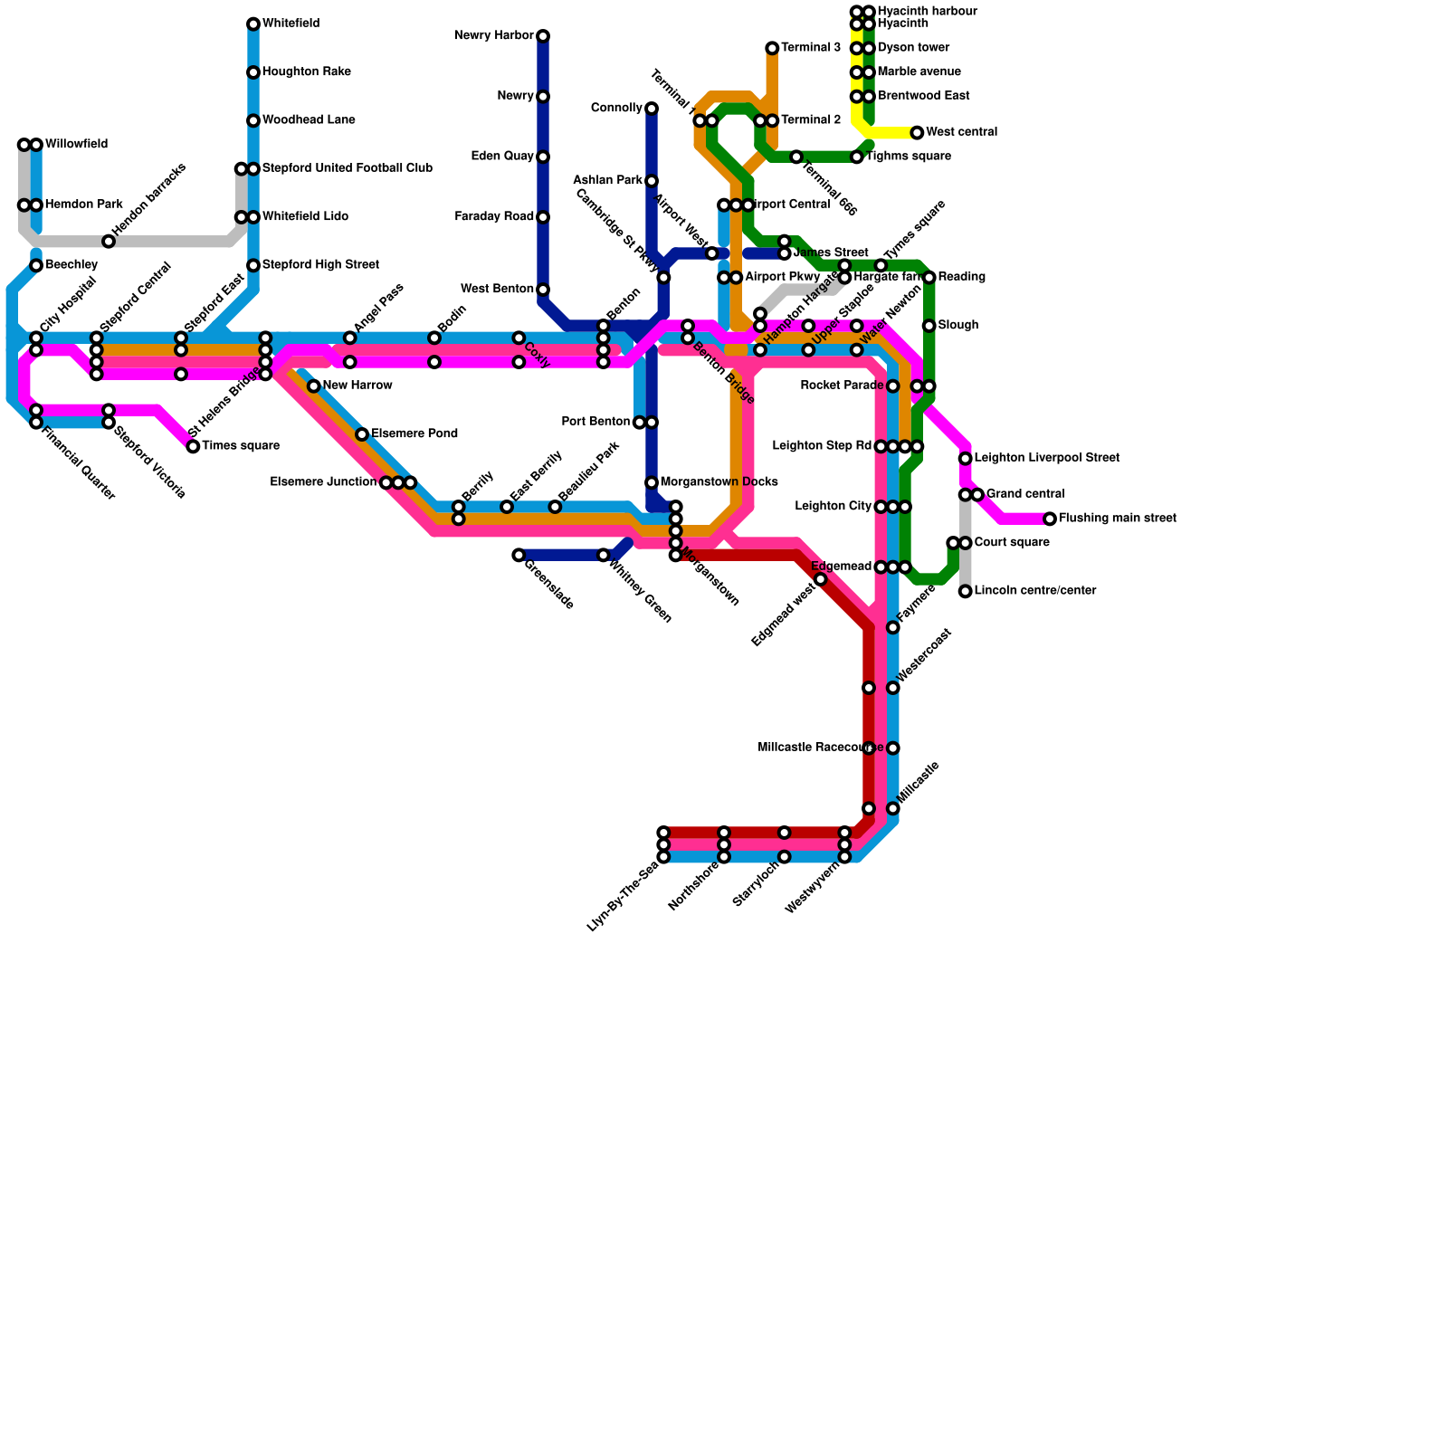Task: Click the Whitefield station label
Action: coord(291,24)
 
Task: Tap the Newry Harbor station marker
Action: coord(543,36)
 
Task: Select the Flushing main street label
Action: coord(1117,519)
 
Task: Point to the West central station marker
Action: coord(917,133)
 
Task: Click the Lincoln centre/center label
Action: coord(1035,591)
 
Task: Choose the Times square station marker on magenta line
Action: coord(193,446)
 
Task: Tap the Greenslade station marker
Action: coord(519,555)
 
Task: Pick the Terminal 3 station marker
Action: coord(772,48)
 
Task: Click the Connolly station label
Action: coord(616,109)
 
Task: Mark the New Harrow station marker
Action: coord(314,386)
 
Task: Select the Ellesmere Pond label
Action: coord(414,434)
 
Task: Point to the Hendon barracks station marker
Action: coord(109,241)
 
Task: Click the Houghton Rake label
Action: coord(306,72)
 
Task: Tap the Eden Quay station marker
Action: coord(543,157)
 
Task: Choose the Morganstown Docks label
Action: coord(719,482)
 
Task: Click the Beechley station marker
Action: coord(36,265)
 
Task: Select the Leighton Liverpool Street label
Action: coord(1047,458)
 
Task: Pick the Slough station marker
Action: coord(929,326)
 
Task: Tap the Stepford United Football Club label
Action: coord(347,168)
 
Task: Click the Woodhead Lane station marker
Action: coord(253,120)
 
